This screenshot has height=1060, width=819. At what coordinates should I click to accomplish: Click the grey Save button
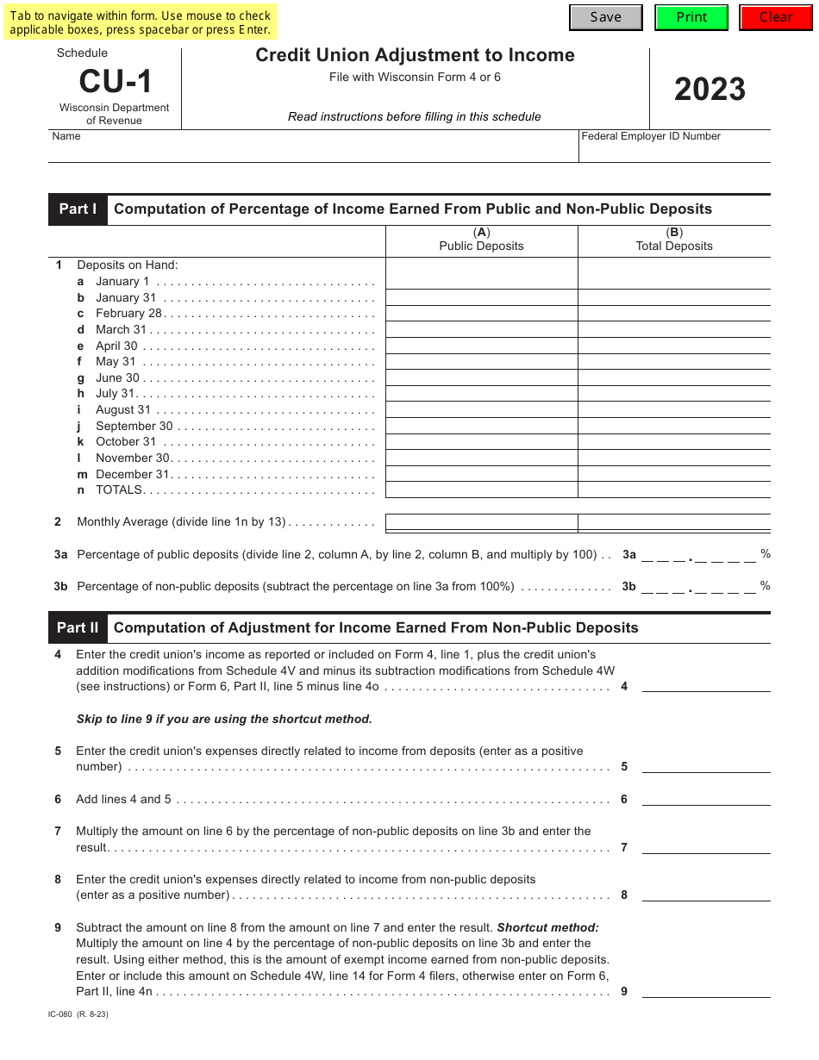click(x=605, y=17)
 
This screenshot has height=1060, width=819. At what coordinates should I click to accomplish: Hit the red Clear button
click(x=776, y=17)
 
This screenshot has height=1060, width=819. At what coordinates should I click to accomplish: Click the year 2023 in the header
click(x=710, y=90)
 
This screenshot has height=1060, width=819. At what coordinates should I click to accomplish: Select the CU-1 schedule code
click(x=116, y=82)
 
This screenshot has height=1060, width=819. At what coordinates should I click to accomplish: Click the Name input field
click(x=313, y=151)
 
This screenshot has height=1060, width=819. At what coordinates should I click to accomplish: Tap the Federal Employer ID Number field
click(x=674, y=151)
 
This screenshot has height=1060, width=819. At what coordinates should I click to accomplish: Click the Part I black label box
click(x=78, y=209)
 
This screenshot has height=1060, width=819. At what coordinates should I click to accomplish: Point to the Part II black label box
click(x=78, y=628)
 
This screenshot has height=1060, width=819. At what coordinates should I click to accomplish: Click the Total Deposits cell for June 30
click(x=674, y=377)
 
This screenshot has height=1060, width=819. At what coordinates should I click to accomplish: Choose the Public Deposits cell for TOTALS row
click(x=481, y=490)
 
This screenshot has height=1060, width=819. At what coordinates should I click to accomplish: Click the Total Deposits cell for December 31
click(x=674, y=474)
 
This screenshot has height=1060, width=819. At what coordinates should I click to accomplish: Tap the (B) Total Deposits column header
click(x=674, y=240)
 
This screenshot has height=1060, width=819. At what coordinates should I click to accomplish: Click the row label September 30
click(x=134, y=427)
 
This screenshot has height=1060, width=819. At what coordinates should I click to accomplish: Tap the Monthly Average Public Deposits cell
click(x=481, y=522)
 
